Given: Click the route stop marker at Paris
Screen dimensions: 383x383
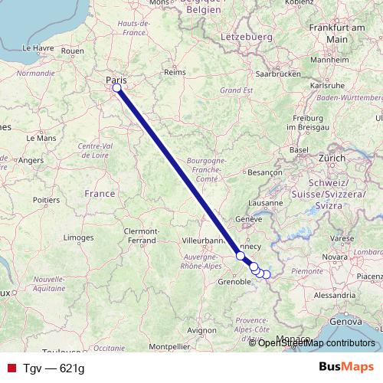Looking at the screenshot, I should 117,88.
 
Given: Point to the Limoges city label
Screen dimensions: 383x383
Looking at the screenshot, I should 77,237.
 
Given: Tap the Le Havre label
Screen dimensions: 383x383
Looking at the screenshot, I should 37,47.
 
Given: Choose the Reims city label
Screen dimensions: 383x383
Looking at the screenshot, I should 175,73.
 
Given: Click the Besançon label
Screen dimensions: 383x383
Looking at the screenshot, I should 266,173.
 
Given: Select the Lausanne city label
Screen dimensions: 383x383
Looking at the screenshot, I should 267,203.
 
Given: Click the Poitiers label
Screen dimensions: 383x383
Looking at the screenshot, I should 47,199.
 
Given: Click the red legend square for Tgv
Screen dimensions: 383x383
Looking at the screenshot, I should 10,368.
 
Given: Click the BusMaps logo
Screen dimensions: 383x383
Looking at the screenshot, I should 346,368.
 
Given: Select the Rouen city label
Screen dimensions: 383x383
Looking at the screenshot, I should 72,51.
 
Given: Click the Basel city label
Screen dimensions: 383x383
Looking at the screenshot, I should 298,149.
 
